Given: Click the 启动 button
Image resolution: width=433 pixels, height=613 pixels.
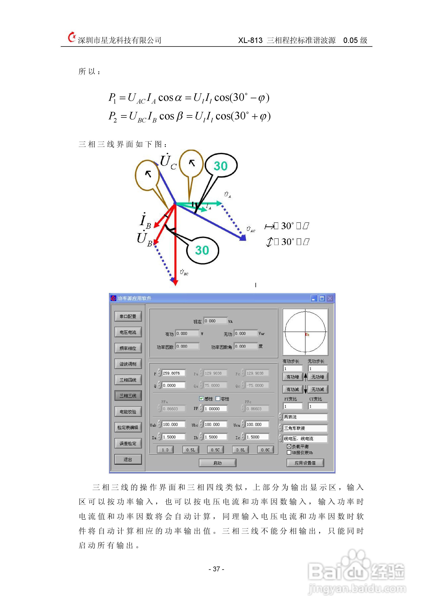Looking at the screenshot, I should pos(217,463).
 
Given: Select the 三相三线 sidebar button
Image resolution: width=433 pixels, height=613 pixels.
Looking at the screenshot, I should pos(128,395).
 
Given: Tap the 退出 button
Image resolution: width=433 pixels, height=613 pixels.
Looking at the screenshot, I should pos(128,459).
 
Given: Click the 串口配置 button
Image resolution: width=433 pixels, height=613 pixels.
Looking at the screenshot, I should pos(128,316).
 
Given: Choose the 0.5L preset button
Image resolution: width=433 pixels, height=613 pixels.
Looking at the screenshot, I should pos(191,450).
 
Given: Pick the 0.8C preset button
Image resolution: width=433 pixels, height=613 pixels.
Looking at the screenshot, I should pos(265,450).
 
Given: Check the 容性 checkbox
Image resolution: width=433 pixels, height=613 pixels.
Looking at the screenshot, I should pos(218,399).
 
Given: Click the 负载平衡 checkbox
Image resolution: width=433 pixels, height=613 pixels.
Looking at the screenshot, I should pos(289,446).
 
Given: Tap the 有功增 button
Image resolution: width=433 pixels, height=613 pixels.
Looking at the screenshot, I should pos(293,377).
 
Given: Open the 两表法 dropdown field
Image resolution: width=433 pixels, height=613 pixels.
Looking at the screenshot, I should pos(305,417).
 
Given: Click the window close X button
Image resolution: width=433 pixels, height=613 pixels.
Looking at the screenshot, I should pos(330,298).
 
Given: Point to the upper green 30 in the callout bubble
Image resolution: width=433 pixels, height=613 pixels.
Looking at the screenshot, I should pos(221,166).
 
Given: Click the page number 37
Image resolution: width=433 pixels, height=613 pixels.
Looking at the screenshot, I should pos(216,569).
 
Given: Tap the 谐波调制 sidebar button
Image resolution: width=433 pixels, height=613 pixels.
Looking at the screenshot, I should pos(128,364).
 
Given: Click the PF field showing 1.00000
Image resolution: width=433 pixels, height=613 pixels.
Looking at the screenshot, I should pos(215,408).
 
